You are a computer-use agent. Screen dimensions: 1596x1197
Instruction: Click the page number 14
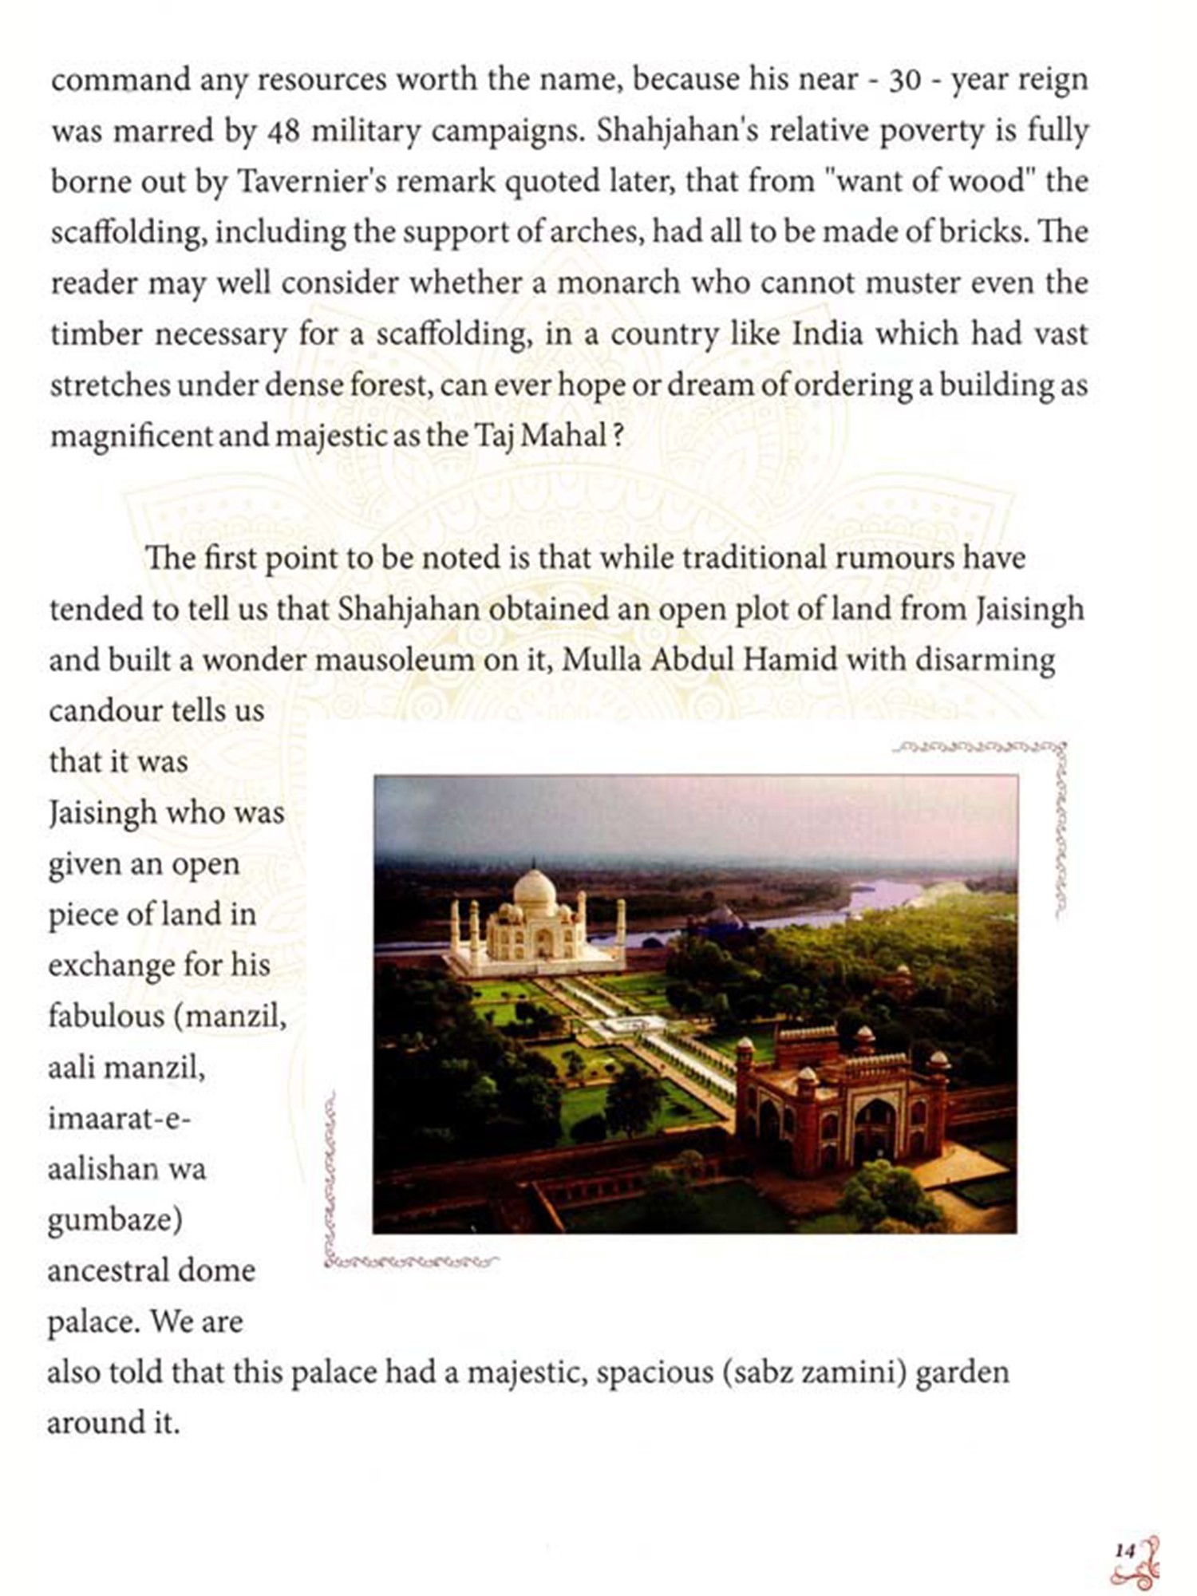click(x=1124, y=1551)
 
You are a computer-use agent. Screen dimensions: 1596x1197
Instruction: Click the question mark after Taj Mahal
click(x=616, y=436)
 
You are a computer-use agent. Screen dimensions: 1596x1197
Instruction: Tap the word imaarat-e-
click(x=119, y=1118)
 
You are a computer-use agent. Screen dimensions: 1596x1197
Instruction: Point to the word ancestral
click(x=107, y=1270)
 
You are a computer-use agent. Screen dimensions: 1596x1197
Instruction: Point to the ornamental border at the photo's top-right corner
click(x=1053, y=766)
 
